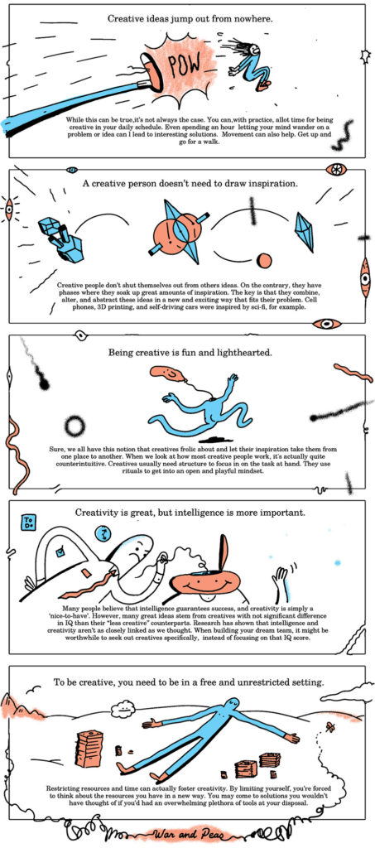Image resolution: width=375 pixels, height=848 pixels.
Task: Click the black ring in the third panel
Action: pos(75,426)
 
